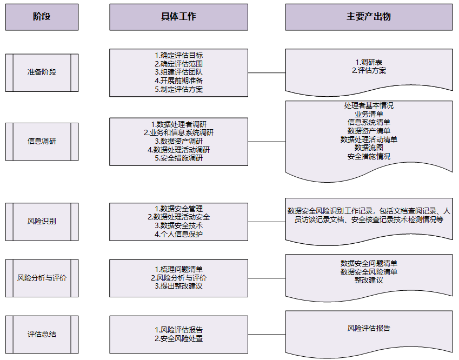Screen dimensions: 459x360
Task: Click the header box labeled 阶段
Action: (42, 17)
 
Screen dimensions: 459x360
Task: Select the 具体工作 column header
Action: (178, 17)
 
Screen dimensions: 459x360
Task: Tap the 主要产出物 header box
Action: (369, 17)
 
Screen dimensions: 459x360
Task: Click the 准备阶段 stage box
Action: (42, 72)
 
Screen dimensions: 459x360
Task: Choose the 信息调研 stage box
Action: (42, 142)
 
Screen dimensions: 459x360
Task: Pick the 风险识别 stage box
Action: (42, 222)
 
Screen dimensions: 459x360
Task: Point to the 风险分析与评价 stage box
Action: (42, 278)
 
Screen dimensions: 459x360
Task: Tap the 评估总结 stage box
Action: (42, 335)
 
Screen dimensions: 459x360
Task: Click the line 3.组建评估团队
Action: (178, 72)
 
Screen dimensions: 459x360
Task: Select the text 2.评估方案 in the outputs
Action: (369, 70)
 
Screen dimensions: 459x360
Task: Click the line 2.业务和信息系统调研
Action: (178, 132)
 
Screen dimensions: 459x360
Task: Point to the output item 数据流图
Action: (369, 148)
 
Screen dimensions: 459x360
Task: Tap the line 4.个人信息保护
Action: (178, 234)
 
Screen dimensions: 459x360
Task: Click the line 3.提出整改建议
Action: (178, 286)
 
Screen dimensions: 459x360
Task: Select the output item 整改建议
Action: (369, 280)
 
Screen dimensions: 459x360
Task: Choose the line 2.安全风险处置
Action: (178, 338)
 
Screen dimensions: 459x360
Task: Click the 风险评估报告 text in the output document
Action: (369, 329)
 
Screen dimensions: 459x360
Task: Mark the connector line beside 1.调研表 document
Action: (267, 72)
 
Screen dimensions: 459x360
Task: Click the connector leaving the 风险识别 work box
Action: (267, 222)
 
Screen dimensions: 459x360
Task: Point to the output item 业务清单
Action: (369, 114)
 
